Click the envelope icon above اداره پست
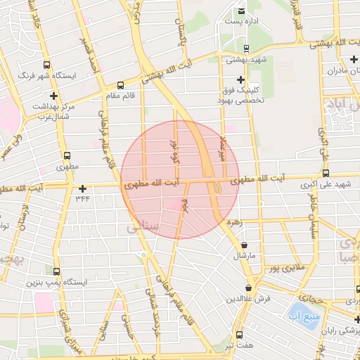click(x=241, y=11)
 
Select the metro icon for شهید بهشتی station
click(x=246, y=49)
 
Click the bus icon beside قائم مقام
click(x=120, y=85)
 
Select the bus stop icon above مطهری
click(x=67, y=155)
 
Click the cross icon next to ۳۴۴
click(x=83, y=188)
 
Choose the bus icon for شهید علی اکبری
click(x=325, y=173)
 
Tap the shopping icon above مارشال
click(x=244, y=245)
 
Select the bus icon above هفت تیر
click(x=240, y=335)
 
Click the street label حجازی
click(x=310, y=299)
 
